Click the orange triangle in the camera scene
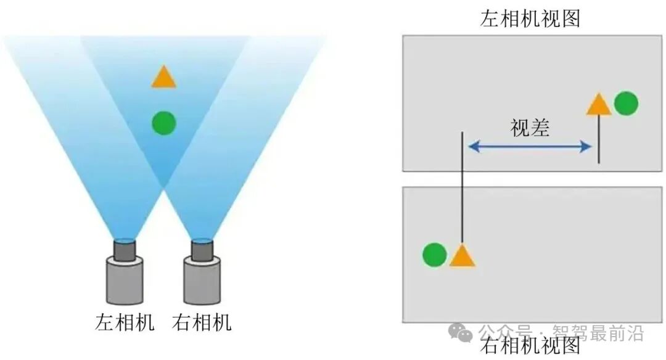point(163,78)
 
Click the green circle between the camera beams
point(164,123)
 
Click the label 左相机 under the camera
point(125,322)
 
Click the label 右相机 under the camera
point(201,322)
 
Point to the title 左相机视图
point(530,18)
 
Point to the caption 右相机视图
point(530,346)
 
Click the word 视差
point(530,128)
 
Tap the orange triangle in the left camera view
point(598,105)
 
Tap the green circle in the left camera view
point(626,104)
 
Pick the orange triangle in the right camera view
point(462,256)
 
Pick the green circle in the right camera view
point(435,254)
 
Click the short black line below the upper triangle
point(599,141)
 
